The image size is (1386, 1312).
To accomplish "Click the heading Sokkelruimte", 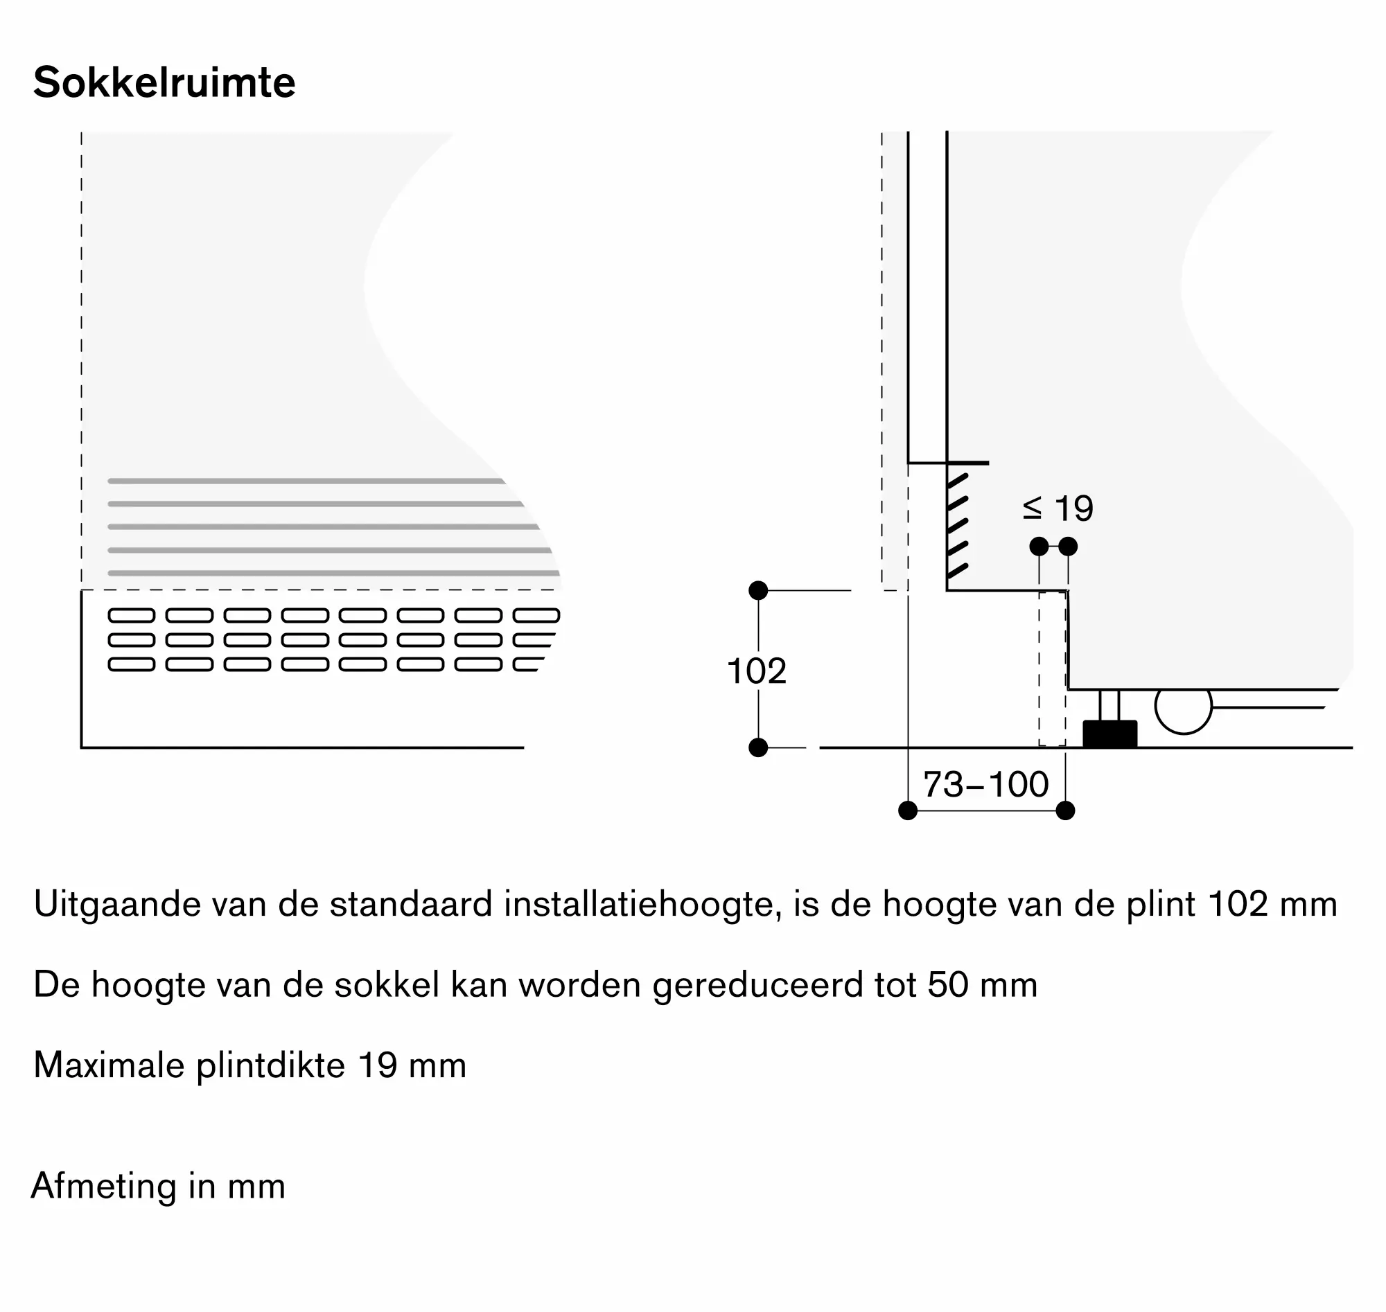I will [164, 83].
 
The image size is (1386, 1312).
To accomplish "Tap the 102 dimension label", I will [756, 671].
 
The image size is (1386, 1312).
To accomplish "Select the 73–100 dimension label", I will [986, 785].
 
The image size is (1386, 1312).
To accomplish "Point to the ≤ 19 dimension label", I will [1057, 508].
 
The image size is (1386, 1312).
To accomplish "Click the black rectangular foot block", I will [1109, 734].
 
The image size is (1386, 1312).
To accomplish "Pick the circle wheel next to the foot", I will [1183, 708].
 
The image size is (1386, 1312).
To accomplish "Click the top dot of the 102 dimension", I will [758, 591].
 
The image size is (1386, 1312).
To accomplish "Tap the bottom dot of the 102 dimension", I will [758, 747].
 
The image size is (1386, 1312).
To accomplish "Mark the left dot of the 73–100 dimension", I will [907, 810].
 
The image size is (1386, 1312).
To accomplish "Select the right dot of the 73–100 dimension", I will [1065, 810].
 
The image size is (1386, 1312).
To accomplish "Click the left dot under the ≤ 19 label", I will [1039, 546].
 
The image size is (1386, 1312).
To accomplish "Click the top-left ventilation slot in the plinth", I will [132, 615].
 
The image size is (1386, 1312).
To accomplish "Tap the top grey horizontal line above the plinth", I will [306, 481].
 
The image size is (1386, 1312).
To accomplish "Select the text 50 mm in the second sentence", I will [982, 985].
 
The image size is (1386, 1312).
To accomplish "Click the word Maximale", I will [108, 1066].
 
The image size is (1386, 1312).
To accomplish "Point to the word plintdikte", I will [271, 1066].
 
